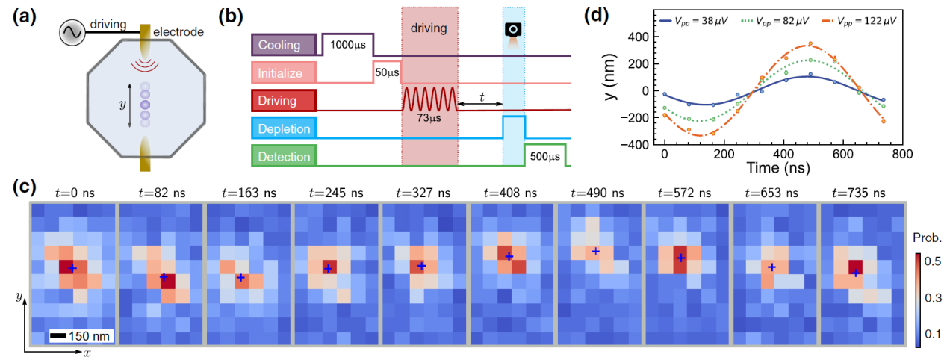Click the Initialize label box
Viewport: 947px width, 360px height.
click(x=283, y=72)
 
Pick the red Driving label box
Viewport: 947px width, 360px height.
click(x=283, y=101)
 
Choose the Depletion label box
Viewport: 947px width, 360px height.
click(x=283, y=128)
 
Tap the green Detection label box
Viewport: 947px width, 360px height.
click(x=283, y=156)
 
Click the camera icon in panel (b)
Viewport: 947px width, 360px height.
click(x=513, y=29)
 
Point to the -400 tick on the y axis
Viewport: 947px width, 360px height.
click(x=634, y=144)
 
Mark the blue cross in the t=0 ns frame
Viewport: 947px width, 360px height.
click(x=72, y=267)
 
